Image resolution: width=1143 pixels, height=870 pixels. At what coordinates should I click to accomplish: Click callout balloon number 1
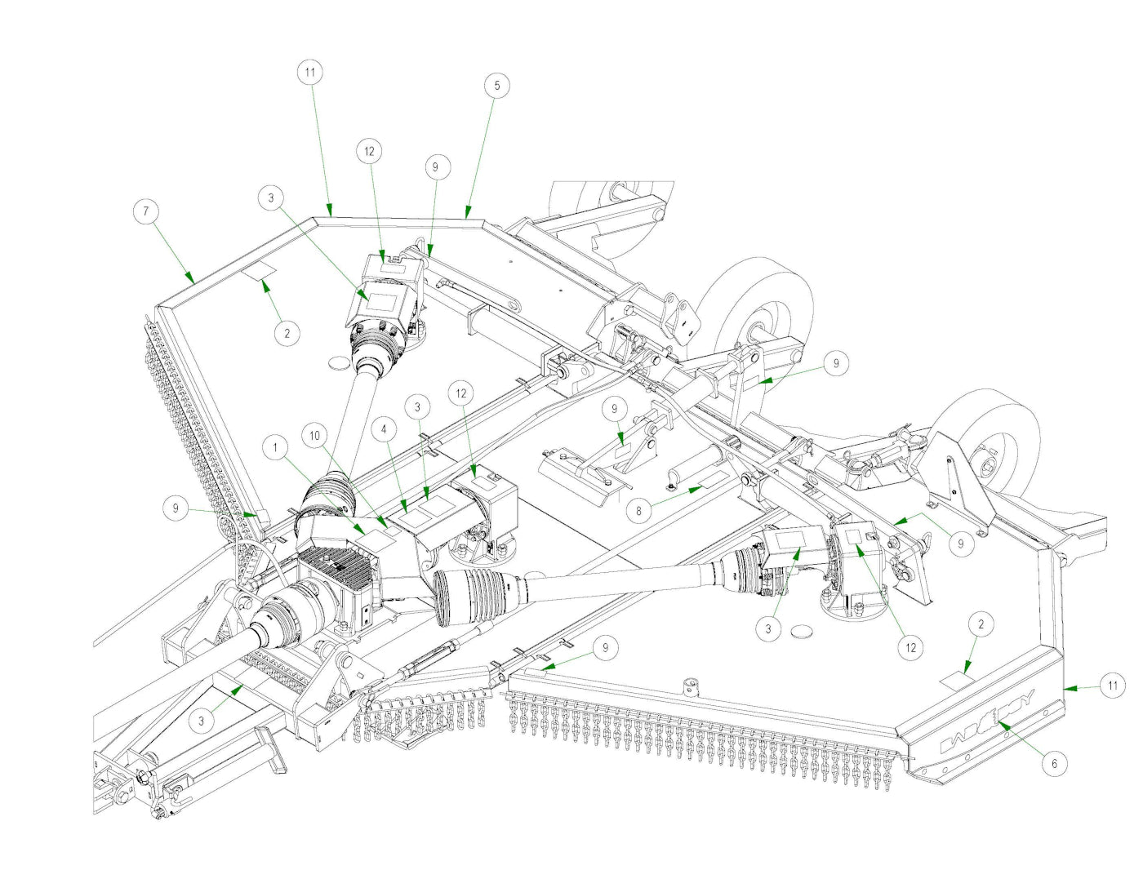pos(276,447)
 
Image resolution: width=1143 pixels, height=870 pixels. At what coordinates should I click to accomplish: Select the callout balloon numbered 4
pos(384,428)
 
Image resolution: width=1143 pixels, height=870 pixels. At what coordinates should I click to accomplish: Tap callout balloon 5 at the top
pos(496,85)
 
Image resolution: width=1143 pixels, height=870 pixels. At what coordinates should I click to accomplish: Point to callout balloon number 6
pos(1054,763)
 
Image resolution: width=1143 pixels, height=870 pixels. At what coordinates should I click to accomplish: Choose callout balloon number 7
pos(146,211)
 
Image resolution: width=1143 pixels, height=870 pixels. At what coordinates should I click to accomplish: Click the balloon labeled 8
pos(638,512)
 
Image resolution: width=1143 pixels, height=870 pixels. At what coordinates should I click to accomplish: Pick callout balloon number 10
pos(315,436)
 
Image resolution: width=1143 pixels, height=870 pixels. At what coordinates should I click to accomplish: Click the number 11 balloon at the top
pos(309,72)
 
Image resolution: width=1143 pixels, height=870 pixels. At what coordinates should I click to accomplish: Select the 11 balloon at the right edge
pos(1112,686)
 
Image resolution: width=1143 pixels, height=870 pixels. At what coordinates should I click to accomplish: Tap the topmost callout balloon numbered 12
pos(369,151)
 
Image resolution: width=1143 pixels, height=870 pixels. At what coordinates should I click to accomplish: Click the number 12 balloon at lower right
pos(910,648)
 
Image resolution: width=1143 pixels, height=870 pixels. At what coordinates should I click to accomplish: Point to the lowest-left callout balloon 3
pos(202,721)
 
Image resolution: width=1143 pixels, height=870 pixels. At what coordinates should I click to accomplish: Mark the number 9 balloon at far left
pos(176,508)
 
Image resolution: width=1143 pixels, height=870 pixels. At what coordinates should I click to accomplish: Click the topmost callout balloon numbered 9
pos(435,167)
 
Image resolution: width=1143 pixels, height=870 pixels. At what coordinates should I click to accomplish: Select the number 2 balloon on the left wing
pos(287,333)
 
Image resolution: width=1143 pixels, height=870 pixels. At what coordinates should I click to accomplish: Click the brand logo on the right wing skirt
pos(988,722)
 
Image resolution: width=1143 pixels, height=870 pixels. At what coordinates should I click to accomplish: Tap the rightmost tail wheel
pos(992,445)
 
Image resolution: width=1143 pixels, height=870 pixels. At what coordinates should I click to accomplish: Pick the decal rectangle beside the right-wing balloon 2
pos(954,679)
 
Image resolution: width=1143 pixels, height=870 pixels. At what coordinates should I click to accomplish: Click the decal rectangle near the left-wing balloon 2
pos(261,273)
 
